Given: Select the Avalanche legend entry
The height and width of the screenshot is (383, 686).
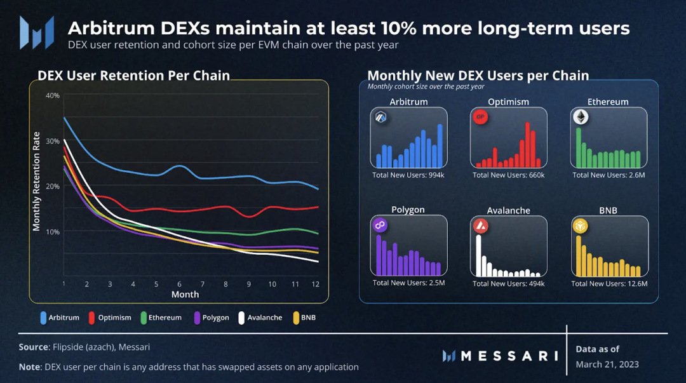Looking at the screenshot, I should [260, 318].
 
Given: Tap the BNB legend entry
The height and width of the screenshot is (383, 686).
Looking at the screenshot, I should [304, 318].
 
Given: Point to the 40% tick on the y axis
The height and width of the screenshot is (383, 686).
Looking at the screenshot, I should [52, 95].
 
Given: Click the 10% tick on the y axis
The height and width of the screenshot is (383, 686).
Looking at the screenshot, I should [52, 231].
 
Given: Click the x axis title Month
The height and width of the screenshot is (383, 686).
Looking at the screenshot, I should [185, 294].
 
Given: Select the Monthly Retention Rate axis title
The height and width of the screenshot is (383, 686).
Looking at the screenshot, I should [36, 182].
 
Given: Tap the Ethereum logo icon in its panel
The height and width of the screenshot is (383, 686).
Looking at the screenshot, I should [581, 118].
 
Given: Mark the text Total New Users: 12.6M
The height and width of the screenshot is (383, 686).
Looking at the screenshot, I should [609, 283].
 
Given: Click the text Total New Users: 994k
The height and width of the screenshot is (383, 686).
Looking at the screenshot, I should [408, 175].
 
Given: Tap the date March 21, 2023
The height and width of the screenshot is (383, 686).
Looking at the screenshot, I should [607, 365].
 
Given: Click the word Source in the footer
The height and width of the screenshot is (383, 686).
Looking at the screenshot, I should [34, 347].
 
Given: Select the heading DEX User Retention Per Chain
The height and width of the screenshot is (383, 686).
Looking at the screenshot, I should [133, 76].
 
